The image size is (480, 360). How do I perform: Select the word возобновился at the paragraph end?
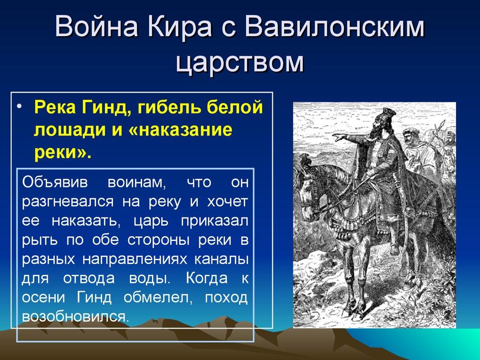[x=74, y=316]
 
